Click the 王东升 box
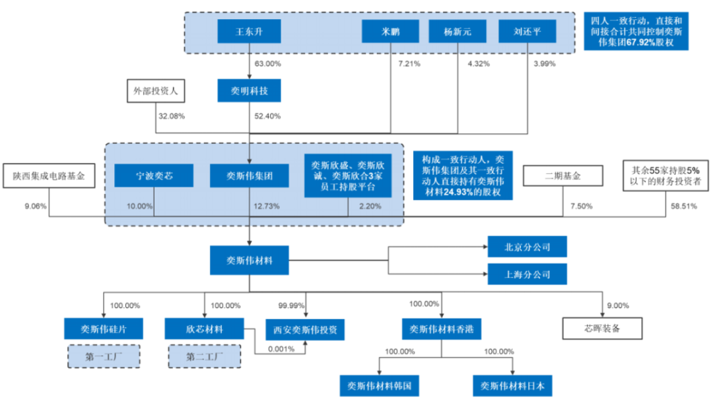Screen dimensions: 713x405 (249, 32)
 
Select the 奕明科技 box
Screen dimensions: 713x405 (249, 91)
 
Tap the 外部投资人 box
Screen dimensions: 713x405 (156, 91)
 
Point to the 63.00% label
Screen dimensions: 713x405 (267, 63)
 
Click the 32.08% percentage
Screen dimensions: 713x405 (172, 116)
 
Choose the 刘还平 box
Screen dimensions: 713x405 (527, 32)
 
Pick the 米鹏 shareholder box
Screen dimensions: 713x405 (390, 32)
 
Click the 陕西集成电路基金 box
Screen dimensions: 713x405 (49, 176)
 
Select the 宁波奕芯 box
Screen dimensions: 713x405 (154, 175)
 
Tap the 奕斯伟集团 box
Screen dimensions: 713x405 (249, 175)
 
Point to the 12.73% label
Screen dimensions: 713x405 (267, 206)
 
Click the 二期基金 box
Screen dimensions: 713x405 (563, 176)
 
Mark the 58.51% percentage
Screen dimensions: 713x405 (684, 206)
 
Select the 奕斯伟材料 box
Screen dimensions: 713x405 (249, 261)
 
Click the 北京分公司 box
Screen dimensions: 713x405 (527, 247)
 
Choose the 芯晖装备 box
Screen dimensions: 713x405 (603, 328)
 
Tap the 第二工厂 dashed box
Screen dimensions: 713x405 (205, 357)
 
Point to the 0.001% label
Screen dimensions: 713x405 (281, 349)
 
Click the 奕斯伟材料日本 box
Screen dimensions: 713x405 (512, 386)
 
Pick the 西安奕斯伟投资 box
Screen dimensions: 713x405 (305, 330)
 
